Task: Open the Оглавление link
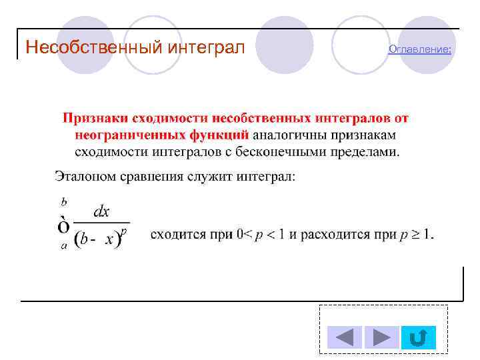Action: tap(419, 49)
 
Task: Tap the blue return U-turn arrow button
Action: tap(419, 337)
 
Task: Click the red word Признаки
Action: tap(95, 118)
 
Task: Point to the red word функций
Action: tap(215, 135)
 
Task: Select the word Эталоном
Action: tap(82, 177)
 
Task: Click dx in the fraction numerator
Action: tap(101, 212)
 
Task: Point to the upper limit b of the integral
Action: tap(64, 200)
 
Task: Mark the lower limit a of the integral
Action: tap(64, 245)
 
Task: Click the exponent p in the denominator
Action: tap(125, 231)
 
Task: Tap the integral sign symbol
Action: tap(65, 225)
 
